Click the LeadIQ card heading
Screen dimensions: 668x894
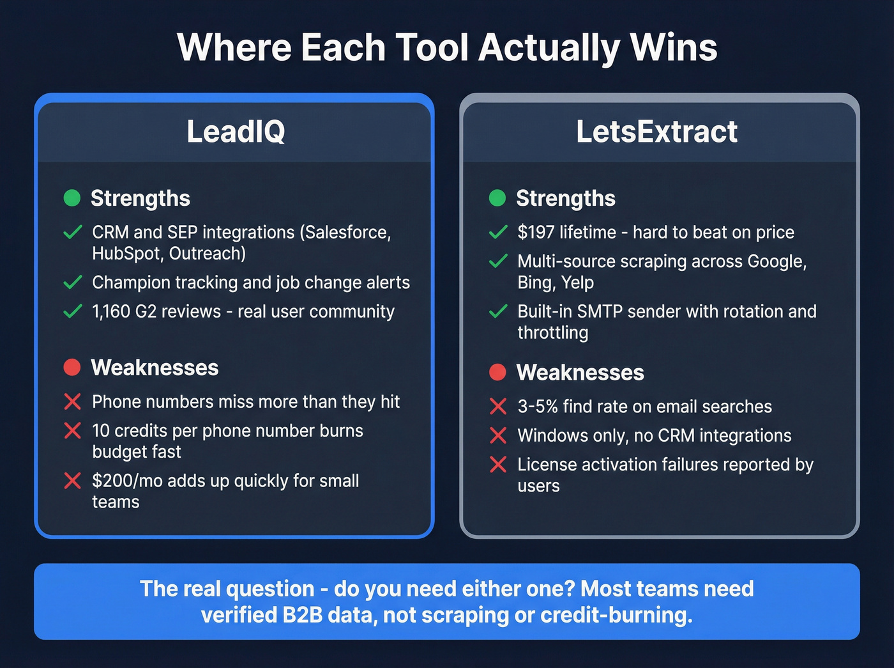[236, 132]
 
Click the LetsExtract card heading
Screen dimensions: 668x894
[656, 132]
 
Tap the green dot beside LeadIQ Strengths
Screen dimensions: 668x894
[72, 198]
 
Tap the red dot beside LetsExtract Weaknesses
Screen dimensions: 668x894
[497, 372]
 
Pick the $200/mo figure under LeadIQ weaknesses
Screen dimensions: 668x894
[127, 481]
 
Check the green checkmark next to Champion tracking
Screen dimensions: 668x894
[73, 282]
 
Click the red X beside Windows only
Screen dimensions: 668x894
[498, 435]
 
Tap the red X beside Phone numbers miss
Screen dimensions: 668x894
[73, 401]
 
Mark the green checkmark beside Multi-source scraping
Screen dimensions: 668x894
[498, 261]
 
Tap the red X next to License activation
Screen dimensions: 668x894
[498, 464]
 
